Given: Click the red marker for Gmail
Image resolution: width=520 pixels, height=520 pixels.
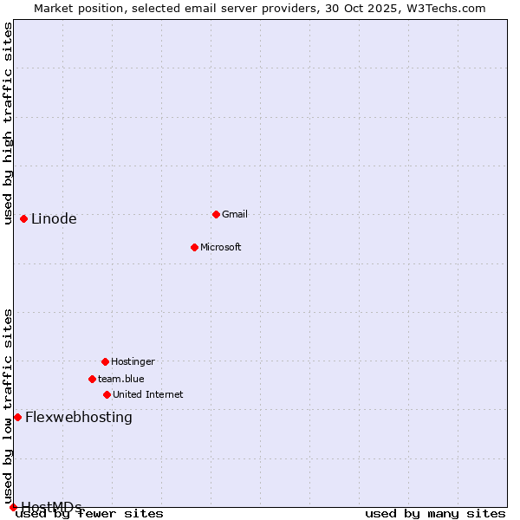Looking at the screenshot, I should coord(216,214).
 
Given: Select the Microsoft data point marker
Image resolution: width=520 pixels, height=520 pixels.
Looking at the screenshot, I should coord(194,247).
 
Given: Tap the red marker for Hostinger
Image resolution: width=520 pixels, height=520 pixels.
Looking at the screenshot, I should coord(105,361).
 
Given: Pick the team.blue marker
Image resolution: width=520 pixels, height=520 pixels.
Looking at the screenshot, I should coord(92,379).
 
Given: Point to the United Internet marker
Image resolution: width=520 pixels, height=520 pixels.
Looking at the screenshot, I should coord(107,394).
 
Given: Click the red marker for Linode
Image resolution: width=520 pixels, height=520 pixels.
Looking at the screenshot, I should coord(23,218).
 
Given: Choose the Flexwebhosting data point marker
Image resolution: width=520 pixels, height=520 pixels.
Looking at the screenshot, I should coord(17,417).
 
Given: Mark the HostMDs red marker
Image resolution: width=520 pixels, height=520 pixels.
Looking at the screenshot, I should coord(13,507).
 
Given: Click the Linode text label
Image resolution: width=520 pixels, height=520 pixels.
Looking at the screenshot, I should coord(54,219).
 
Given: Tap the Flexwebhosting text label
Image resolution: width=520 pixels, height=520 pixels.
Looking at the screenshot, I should coord(79,418).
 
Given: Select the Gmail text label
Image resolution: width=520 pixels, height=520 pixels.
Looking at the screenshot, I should coord(235,215).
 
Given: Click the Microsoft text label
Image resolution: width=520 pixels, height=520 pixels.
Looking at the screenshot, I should coord(221,248).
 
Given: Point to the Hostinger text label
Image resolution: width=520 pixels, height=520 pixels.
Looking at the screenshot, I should coord(133,362).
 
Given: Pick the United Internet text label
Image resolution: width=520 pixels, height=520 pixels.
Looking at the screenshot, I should coord(148,395).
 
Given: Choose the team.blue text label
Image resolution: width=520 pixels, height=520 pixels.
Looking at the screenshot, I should coord(121,380).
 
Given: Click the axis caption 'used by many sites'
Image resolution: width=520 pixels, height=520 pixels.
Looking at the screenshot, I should coord(435,514).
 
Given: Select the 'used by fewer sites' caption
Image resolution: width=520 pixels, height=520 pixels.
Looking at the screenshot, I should coord(90,514).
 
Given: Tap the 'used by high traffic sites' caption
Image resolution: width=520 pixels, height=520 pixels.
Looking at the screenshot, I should coord(9,123).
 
